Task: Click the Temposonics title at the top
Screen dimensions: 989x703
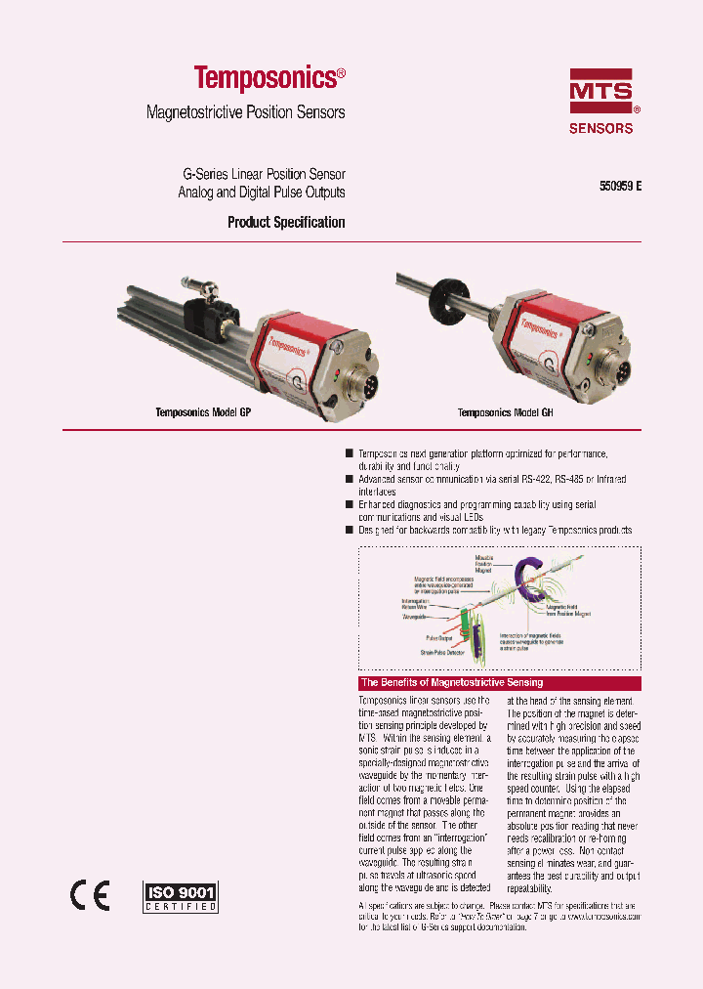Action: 269,78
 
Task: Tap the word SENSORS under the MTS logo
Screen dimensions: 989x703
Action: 600,128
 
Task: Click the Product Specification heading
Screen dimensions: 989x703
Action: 286,223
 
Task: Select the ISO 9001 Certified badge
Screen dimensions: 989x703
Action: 181,896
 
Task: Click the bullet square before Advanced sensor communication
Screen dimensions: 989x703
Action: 350,480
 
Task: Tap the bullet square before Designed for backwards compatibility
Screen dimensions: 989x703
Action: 350,530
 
